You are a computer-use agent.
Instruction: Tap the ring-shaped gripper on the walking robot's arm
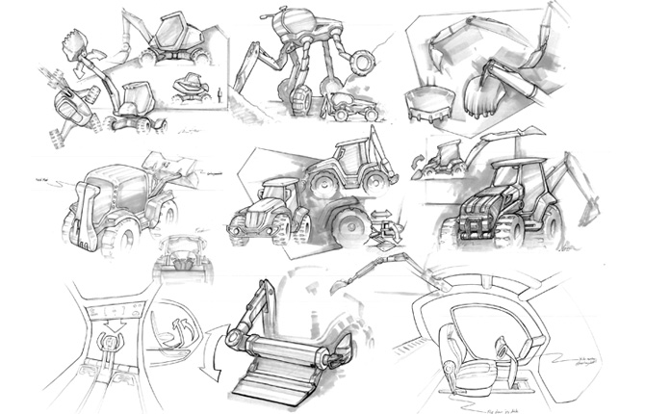coord(363,64)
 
